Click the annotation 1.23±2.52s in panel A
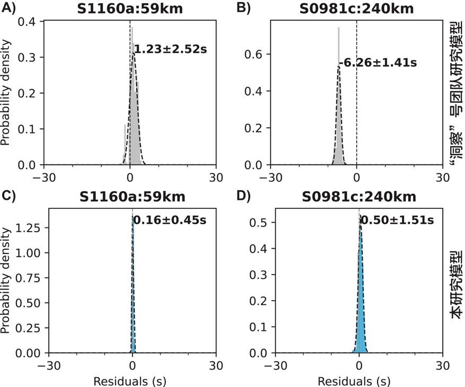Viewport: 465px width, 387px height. (170, 50)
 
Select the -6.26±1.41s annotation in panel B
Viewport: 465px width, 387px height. (378, 63)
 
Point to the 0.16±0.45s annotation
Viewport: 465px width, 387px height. (169, 219)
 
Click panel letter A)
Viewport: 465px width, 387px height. (9, 7)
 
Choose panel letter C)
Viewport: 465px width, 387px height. (9, 196)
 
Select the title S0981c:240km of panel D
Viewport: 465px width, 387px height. (358, 197)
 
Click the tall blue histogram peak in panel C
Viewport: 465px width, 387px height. (133, 286)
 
